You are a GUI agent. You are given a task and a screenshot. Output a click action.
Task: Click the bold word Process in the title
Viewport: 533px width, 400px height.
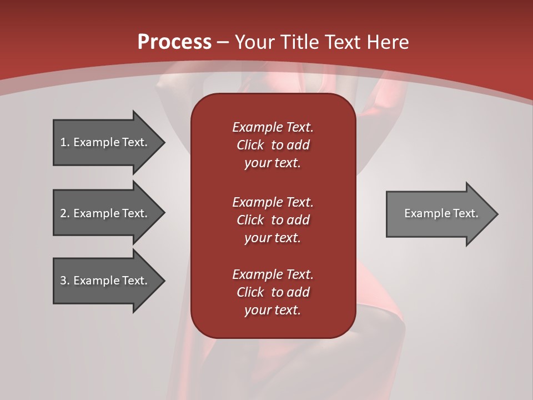pyautogui.click(x=174, y=42)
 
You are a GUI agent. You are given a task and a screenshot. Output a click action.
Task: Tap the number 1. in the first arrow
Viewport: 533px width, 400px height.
pyautogui.click(x=64, y=142)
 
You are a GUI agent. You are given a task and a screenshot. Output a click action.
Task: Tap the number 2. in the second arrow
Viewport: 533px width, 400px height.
pyautogui.click(x=64, y=213)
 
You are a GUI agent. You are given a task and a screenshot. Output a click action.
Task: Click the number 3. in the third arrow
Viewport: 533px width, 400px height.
pyautogui.click(x=64, y=281)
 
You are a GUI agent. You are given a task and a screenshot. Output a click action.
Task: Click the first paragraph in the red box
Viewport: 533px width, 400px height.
pyautogui.click(x=273, y=145)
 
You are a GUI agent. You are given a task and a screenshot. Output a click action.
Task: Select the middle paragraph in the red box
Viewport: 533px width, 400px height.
pyautogui.click(x=273, y=219)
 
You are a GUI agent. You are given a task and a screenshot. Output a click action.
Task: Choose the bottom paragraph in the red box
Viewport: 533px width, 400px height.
pyautogui.click(x=273, y=292)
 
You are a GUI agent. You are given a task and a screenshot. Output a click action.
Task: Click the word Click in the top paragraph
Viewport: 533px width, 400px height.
pyautogui.click(x=250, y=145)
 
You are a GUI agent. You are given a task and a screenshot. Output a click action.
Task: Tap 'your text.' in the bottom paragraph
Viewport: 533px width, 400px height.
pyautogui.click(x=273, y=311)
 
